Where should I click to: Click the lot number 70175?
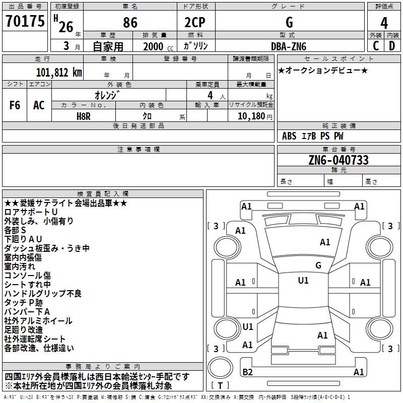(x=25, y=21)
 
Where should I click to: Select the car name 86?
(x=130, y=23)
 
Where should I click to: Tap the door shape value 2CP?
(x=195, y=22)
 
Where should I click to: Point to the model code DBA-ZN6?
(x=289, y=46)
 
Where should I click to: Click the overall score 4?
(x=384, y=23)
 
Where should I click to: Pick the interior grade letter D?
(x=392, y=46)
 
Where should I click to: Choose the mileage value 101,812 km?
(x=59, y=73)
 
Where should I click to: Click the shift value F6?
(x=15, y=105)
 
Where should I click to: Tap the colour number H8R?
(x=84, y=116)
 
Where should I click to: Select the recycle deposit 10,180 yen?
(x=255, y=116)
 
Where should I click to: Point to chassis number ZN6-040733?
(x=339, y=160)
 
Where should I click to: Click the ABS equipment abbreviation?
(x=289, y=136)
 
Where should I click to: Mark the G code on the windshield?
(x=318, y=265)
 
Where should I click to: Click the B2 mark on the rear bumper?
(x=247, y=372)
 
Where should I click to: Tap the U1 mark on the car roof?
(x=303, y=281)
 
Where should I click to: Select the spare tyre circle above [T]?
(x=220, y=367)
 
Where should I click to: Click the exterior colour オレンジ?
(x=107, y=95)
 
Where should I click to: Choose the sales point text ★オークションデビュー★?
(x=323, y=70)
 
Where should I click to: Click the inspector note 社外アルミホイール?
(x=38, y=321)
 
